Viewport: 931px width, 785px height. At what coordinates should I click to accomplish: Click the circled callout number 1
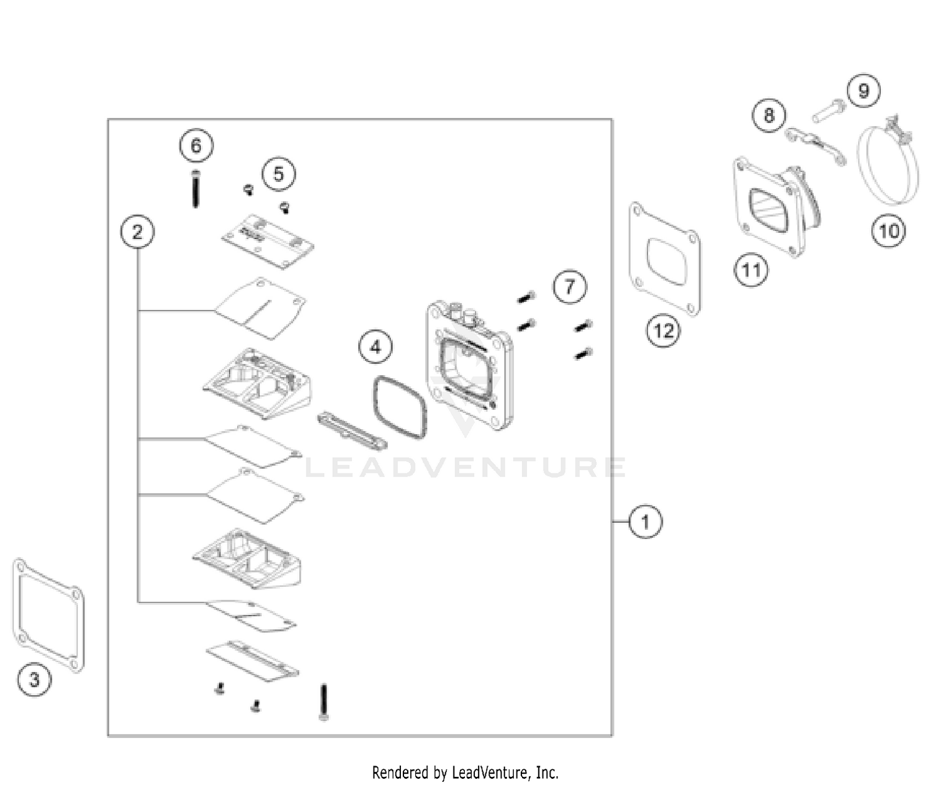click(x=645, y=521)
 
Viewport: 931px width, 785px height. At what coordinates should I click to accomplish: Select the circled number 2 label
click(x=137, y=232)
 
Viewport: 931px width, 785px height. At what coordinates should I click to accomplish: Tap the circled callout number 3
click(x=34, y=679)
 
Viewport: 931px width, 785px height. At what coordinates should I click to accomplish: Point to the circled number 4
click(x=376, y=347)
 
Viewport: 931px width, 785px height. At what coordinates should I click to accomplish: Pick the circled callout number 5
click(x=279, y=174)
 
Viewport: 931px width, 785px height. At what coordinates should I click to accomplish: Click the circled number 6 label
click(x=196, y=146)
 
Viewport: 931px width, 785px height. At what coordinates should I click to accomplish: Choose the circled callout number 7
click(x=570, y=286)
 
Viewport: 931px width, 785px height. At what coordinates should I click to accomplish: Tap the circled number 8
click(x=769, y=116)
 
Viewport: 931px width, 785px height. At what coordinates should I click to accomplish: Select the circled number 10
click(x=889, y=231)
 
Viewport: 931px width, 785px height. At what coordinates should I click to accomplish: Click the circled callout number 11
click(x=751, y=270)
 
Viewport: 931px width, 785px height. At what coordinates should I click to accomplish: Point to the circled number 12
click(x=663, y=330)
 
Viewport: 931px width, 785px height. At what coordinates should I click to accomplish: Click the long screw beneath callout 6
click(x=196, y=189)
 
